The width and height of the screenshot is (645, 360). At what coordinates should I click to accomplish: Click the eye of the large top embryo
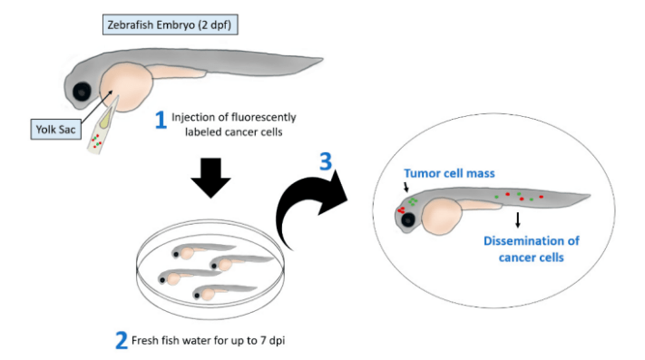click(x=83, y=92)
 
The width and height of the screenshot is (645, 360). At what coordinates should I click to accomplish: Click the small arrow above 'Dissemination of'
click(x=517, y=219)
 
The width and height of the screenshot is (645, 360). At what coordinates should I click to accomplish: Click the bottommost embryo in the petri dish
click(x=213, y=294)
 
